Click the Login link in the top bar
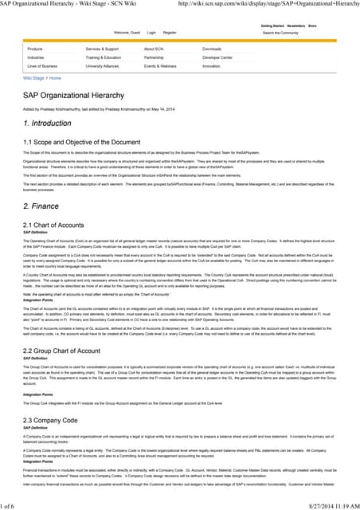152,32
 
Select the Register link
170,32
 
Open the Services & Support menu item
102,49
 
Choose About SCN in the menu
155,49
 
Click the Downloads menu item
212,49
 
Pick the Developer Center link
217,57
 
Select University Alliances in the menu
101,66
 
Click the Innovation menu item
211,66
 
